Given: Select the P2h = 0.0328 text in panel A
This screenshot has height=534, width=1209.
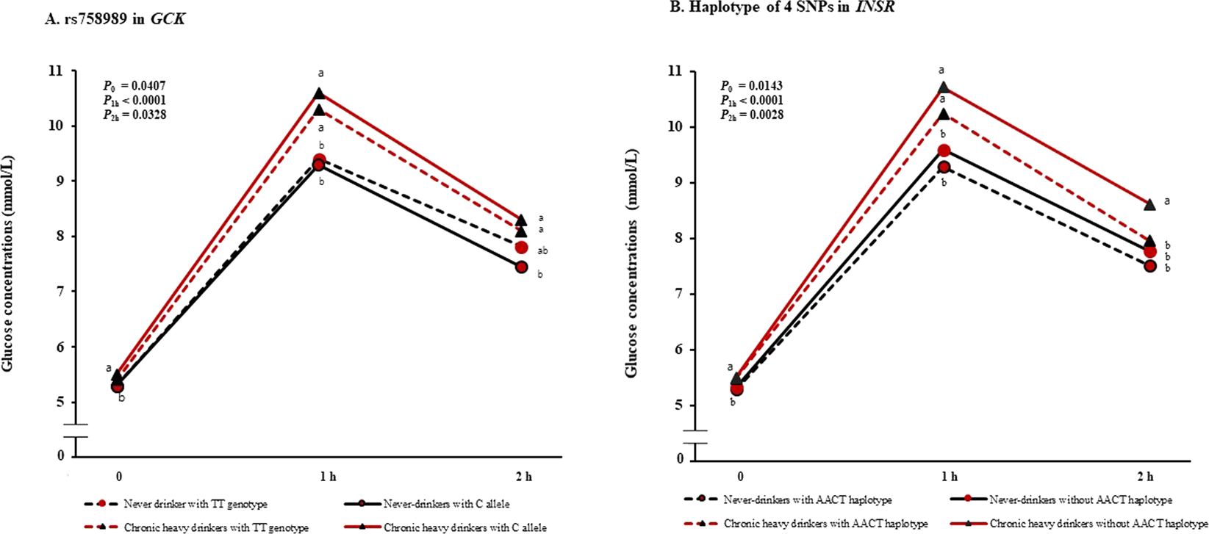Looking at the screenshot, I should pos(134,115).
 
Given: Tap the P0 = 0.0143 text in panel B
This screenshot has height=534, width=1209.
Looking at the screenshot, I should pos(751,86).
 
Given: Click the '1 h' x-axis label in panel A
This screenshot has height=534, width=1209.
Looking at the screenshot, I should pos(328,477).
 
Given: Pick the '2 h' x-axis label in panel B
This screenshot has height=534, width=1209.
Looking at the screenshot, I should pos(1144,476).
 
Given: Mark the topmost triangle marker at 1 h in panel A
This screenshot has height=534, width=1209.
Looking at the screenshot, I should pos(320,93).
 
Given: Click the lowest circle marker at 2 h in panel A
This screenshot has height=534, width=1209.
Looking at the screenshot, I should pos(521,267).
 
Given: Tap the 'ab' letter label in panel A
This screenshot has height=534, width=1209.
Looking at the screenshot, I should pos(543,251).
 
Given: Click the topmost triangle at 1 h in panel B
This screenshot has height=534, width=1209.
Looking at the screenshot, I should pos(943,87).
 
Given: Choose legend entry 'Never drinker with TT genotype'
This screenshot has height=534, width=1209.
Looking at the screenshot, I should pos(195,505).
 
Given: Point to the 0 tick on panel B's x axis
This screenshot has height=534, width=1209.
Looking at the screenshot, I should pos(740,476).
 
